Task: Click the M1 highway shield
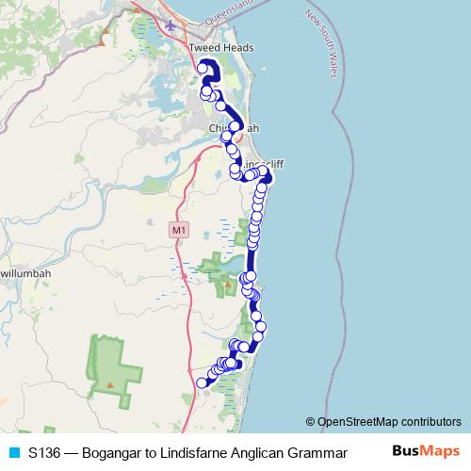[178, 229]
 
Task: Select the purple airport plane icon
[170, 25]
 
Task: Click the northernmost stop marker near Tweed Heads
[203, 68]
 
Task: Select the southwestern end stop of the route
[201, 382]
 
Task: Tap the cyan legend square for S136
[13, 452]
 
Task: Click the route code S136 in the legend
[45, 452]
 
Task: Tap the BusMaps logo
[423, 450]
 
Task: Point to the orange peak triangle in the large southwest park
[110, 385]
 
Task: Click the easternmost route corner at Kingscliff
[269, 176]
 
